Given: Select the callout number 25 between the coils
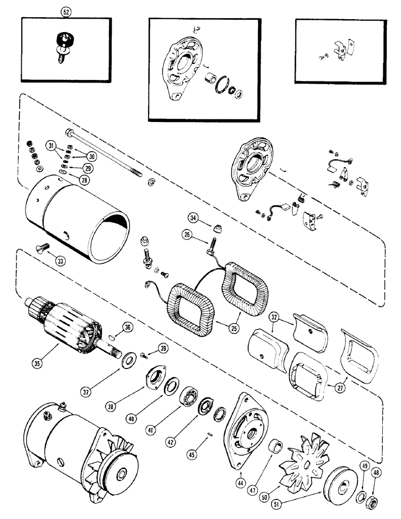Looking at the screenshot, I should click(x=221, y=327).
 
